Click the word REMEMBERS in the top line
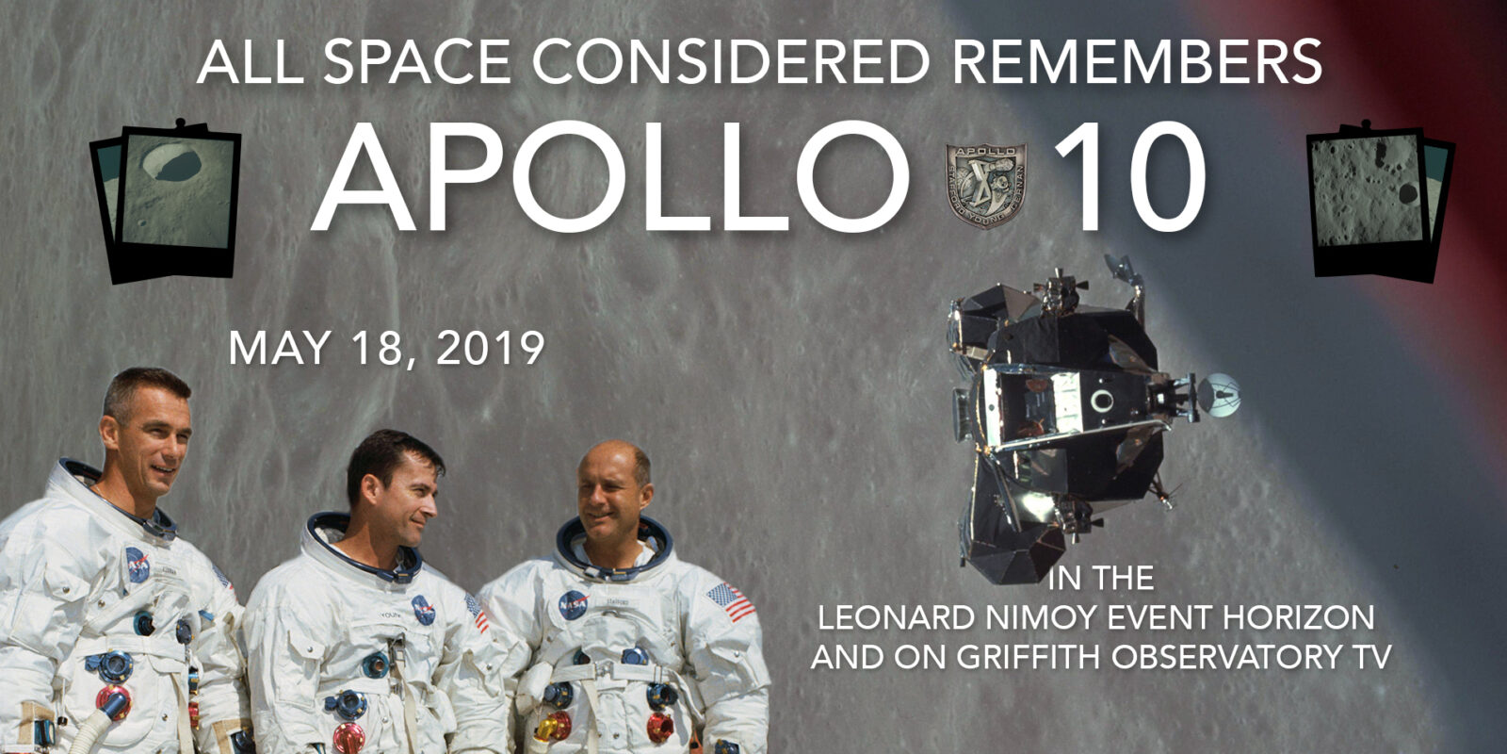point(1136,61)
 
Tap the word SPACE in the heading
point(417,61)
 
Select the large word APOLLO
point(608,177)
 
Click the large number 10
point(1130,177)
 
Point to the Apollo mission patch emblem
point(985,185)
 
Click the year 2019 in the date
point(491,348)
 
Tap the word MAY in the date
point(279,348)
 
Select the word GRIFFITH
point(1030,656)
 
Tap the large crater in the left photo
point(172,164)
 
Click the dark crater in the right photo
point(1407,194)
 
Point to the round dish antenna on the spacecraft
point(1219,395)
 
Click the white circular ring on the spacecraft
point(1101,402)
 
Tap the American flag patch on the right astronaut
point(731,601)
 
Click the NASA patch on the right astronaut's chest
point(573,604)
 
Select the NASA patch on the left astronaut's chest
point(138,565)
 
